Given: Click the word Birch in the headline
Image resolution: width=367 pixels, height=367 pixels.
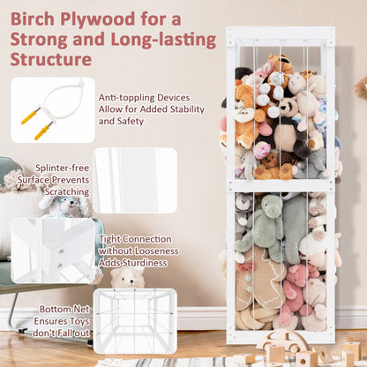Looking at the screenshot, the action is click(33, 19).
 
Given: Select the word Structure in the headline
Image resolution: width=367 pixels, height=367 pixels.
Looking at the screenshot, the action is click(51, 59).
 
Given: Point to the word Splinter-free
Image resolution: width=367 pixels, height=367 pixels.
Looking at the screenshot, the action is click(62, 168).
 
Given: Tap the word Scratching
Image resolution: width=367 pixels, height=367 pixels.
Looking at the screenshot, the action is click(67, 191).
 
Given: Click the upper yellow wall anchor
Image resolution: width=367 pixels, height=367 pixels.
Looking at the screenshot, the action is click(31, 116).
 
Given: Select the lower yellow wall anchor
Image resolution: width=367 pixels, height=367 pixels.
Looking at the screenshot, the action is click(44, 131).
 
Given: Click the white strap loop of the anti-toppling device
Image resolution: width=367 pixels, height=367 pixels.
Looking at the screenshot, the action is click(64, 100).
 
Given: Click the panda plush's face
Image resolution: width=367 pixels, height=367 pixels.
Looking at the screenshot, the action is click(288, 107).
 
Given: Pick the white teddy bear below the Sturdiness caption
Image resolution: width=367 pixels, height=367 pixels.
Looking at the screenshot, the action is click(127, 278).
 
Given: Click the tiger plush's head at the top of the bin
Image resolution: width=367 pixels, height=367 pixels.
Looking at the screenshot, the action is click(281, 64).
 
